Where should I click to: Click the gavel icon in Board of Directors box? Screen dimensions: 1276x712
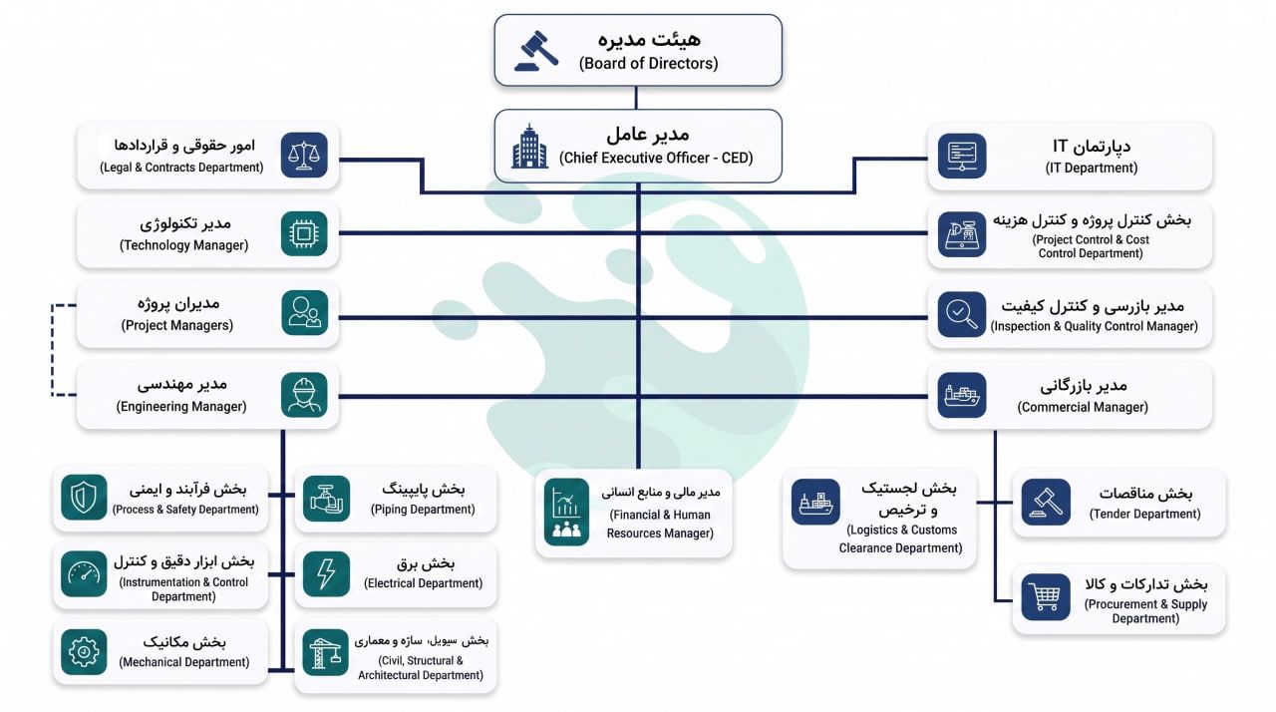(x=536, y=51)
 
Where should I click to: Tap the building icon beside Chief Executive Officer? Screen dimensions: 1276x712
(x=529, y=147)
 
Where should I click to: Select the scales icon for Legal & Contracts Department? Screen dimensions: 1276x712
(x=304, y=155)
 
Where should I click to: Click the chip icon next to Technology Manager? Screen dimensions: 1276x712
(x=304, y=233)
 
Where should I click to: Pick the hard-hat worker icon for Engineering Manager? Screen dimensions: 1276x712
(x=304, y=395)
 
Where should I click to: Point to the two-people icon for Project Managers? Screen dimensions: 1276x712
(x=305, y=313)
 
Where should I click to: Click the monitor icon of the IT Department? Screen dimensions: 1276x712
(x=962, y=157)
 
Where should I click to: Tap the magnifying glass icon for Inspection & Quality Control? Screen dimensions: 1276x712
(x=962, y=314)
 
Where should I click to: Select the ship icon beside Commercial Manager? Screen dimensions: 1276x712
(x=962, y=395)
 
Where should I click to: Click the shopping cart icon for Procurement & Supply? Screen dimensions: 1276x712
(x=1046, y=597)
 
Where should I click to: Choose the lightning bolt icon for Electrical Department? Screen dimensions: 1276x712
(x=326, y=573)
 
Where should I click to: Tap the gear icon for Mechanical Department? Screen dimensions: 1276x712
(x=84, y=651)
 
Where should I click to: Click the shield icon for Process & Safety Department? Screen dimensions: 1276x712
(x=84, y=497)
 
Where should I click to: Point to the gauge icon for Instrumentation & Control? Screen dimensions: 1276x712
(x=84, y=573)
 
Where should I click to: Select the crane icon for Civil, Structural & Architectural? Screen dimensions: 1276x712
(x=325, y=652)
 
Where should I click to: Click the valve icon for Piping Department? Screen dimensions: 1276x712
(x=326, y=499)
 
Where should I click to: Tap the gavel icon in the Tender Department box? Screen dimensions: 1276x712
(x=1046, y=502)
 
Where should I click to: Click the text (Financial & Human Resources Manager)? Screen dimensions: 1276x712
(x=660, y=525)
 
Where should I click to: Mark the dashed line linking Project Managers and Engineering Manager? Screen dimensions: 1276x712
(x=53, y=350)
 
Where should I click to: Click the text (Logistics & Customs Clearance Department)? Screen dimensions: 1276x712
(x=900, y=538)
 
